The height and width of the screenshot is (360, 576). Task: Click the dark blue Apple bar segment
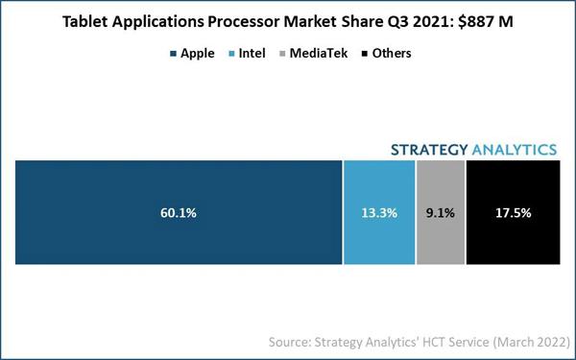pyautogui.click(x=179, y=212)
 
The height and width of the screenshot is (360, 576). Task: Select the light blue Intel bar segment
pyautogui.click(x=379, y=212)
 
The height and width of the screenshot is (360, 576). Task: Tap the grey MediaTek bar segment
pyautogui.click(x=441, y=212)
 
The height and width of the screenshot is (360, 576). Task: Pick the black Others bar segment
pyautogui.click(x=514, y=212)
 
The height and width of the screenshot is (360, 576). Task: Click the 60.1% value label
pyautogui.click(x=179, y=213)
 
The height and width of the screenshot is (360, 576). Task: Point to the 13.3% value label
pyautogui.click(x=379, y=213)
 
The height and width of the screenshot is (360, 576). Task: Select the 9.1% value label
pyautogui.click(x=441, y=213)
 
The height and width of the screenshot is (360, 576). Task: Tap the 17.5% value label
pyautogui.click(x=514, y=213)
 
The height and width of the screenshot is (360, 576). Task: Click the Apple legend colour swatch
pyautogui.click(x=173, y=54)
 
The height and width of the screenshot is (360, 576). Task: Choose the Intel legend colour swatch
pyautogui.click(x=231, y=54)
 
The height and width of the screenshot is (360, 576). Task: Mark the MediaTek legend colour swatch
pyautogui.click(x=282, y=54)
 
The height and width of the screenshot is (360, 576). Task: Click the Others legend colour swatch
pyautogui.click(x=365, y=54)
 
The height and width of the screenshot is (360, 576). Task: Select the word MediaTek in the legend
pyautogui.click(x=319, y=53)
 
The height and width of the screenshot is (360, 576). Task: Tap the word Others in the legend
pyautogui.click(x=392, y=53)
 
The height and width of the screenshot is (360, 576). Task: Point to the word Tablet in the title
pyautogui.click(x=84, y=22)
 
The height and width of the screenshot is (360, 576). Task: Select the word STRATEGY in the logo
pyautogui.click(x=429, y=150)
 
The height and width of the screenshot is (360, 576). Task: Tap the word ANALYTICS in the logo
pyautogui.click(x=515, y=150)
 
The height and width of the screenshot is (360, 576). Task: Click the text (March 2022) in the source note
pyautogui.click(x=531, y=342)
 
